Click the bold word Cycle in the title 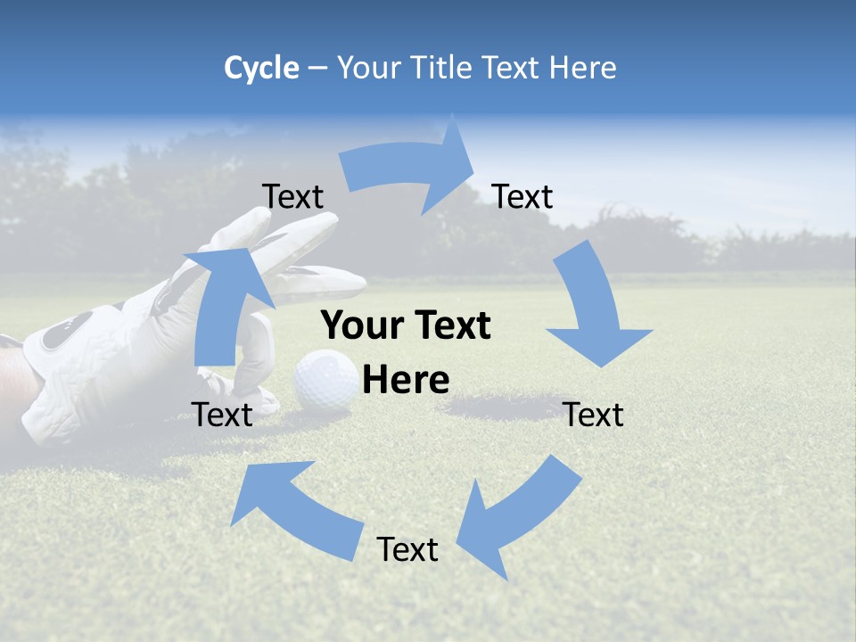pyautogui.click(x=261, y=68)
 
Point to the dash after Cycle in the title pyautogui.click(x=317, y=69)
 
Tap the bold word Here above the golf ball pyautogui.click(x=406, y=380)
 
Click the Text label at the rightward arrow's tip pyautogui.click(x=523, y=196)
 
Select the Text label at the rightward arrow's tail pyautogui.click(x=292, y=196)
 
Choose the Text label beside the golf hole pyautogui.click(x=594, y=415)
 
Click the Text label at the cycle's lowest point pyautogui.click(x=407, y=549)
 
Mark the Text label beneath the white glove pyautogui.click(x=222, y=415)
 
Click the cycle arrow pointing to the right pyautogui.click(x=410, y=169)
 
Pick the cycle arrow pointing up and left pyautogui.click(x=294, y=508)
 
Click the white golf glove pyautogui.click(x=116, y=348)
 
